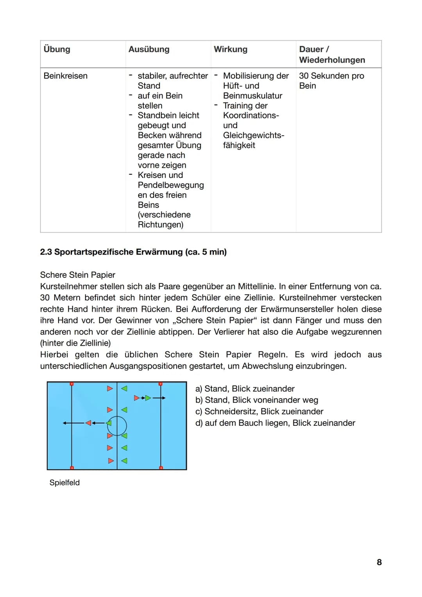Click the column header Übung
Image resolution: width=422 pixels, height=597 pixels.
pyautogui.click(x=57, y=49)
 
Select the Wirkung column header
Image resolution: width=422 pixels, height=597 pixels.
pyautogui.click(x=231, y=49)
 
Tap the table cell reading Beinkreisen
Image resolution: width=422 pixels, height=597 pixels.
pyautogui.click(x=66, y=76)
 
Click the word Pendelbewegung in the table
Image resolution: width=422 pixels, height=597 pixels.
pyautogui.click(x=171, y=185)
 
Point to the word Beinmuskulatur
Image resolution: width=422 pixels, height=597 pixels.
pyautogui.click(x=252, y=96)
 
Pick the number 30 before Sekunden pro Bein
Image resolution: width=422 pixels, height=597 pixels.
pyautogui.click(x=304, y=76)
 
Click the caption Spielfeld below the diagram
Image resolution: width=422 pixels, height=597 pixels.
pyautogui.click(x=64, y=482)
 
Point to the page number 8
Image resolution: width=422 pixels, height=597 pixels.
pyautogui.click(x=379, y=562)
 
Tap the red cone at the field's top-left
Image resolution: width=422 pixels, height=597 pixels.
pyautogui.click(x=72, y=384)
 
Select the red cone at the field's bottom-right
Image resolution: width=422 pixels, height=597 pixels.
pyautogui.click(x=161, y=468)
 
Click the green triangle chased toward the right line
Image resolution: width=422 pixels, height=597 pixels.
pyautogui.click(x=148, y=398)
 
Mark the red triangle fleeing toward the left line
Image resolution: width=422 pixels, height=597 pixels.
pyautogui.click(x=88, y=423)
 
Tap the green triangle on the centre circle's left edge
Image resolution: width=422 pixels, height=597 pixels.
pyautogui.click(x=109, y=423)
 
